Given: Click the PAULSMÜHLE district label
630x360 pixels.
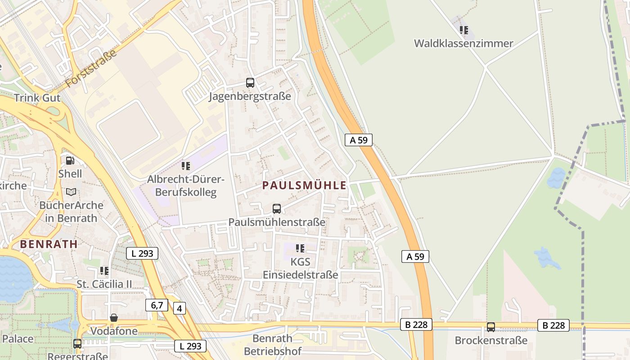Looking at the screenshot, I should [305, 185].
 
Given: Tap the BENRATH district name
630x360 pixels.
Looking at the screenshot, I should [49, 244].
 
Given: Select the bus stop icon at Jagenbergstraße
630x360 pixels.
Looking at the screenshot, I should [250, 83].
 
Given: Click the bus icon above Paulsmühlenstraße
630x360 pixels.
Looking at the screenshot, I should [277, 209].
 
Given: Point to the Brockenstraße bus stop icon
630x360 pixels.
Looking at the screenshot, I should [491, 327].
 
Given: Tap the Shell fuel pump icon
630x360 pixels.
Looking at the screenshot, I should [70, 160].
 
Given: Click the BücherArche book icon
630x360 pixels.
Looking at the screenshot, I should [71, 192].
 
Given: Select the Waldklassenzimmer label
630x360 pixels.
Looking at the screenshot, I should [463, 44].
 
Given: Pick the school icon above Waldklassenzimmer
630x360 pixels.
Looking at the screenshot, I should [464, 30].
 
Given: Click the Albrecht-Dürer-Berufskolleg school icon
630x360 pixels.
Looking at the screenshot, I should [185, 166].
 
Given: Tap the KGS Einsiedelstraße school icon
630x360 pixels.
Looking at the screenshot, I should [300, 248].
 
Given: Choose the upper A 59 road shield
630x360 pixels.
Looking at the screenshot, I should [359, 140].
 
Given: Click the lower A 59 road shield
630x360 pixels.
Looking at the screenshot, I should [415, 256].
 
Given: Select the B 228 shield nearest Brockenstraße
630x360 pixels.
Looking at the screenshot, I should [553, 325].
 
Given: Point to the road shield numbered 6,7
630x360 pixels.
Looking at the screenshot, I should [157, 305].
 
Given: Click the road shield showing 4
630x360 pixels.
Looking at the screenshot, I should [179, 309].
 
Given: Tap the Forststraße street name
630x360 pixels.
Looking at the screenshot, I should [91, 68].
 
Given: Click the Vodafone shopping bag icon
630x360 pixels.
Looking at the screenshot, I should [114, 318].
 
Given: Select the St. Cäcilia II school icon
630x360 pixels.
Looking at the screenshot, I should [104, 270].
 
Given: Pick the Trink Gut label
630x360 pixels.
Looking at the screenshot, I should [37, 98].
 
